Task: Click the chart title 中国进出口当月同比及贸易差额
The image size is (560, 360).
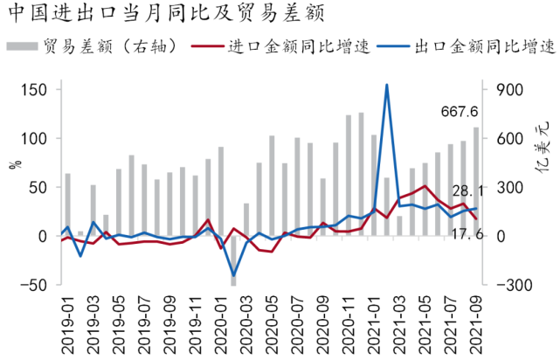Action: pyautogui.click(x=167, y=13)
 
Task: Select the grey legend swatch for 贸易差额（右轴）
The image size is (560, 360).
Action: pyautogui.click(x=22, y=46)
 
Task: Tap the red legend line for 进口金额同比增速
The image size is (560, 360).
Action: pyautogui.click(x=208, y=46)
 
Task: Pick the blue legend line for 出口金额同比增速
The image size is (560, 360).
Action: pyautogui.click(x=393, y=46)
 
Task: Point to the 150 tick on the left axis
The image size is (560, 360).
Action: pyautogui.click(x=34, y=90)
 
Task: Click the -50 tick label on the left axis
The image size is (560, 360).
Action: pyautogui.click(x=33, y=285)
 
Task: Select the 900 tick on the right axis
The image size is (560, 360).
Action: pyautogui.click(x=509, y=90)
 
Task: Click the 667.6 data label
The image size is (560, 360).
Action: pyautogui.click(x=460, y=112)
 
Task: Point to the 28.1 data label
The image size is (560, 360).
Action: pyautogui.click(x=467, y=191)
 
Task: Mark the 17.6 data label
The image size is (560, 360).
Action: pyautogui.click(x=467, y=234)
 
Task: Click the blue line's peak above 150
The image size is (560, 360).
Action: pyautogui.click(x=387, y=85)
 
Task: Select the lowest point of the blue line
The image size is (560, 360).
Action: pyautogui.click(x=234, y=276)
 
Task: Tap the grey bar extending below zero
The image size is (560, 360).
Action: pyautogui.click(x=233, y=260)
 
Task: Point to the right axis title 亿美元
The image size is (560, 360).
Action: pyautogui.click(x=542, y=147)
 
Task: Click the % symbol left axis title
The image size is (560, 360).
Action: pyautogui.click(x=16, y=164)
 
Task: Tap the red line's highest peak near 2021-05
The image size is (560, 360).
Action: pyautogui.click(x=425, y=186)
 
